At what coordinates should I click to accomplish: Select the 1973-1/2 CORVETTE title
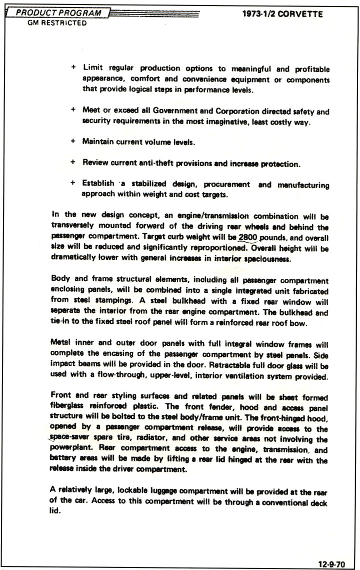point(282,14)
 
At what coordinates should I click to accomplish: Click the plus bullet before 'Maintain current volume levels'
point(73,142)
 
